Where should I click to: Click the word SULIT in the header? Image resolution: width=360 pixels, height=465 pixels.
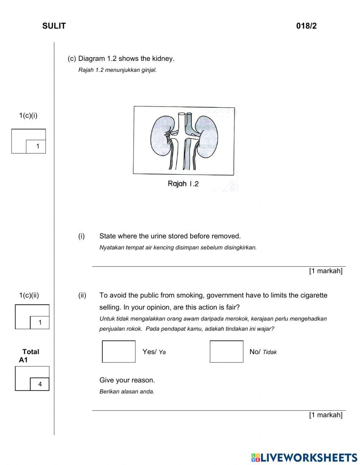pyautogui.click(x=54, y=26)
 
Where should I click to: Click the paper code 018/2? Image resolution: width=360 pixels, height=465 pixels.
pyautogui.click(x=306, y=26)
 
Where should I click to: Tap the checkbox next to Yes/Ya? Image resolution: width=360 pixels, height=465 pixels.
pyautogui.click(x=119, y=352)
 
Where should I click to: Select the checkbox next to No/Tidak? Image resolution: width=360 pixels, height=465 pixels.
pyautogui.click(x=226, y=352)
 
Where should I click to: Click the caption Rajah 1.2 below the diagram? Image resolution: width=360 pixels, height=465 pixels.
pyautogui.click(x=183, y=184)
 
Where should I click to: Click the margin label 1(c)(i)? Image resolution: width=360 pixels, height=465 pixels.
pyautogui.click(x=28, y=116)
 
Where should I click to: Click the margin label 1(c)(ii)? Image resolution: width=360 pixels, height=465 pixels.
pyautogui.click(x=29, y=295)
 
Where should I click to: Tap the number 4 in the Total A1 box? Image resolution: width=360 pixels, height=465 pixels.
pyautogui.click(x=40, y=384)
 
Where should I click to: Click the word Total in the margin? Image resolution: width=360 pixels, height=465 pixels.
pyautogui.click(x=31, y=352)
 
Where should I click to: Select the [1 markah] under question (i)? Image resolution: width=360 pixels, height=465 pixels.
pyautogui.click(x=325, y=271)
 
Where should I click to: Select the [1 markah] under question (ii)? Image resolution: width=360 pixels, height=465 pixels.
pyautogui.click(x=325, y=415)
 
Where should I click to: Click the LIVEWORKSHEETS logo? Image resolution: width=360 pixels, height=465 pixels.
pyautogui.click(x=304, y=457)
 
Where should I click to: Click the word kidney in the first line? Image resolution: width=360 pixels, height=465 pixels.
pyautogui.click(x=163, y=58)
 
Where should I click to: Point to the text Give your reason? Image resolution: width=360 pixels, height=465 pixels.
pyautogui.click(x=127, y=380)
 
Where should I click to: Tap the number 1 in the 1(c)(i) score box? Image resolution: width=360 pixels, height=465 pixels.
pyautogui.click(x=37, y=146)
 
